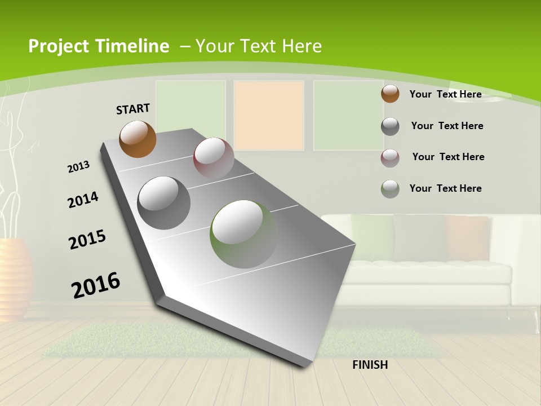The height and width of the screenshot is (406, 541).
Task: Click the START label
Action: tap(133, 109)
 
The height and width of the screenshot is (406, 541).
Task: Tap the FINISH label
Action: tap(370, 365)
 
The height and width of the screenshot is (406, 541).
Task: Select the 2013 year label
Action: tap(78, 167)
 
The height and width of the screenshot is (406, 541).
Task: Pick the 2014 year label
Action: tap(83, 200)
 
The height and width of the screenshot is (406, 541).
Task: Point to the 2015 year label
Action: tap(87, 240)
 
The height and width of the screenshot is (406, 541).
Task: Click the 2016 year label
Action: tap(96, 285)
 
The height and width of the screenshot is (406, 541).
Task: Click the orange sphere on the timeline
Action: tap(138, 139)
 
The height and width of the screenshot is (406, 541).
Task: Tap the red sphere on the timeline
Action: tap(214, 158)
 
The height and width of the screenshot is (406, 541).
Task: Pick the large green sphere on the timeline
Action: tap(243, 234)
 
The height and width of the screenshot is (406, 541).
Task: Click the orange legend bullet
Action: tap(390, 94)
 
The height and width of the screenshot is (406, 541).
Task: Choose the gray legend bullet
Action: tap(390, 126)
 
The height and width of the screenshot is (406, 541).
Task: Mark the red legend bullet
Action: tap(390, 158)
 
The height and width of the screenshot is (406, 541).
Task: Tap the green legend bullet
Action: tap(390, 189)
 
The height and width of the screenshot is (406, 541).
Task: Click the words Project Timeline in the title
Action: tap(99, 46)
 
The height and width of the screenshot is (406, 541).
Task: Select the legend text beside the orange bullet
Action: tap(445, 94)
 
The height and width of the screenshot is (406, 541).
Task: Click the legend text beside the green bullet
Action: tap(445, 188)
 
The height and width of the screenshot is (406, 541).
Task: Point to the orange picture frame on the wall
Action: tap(269, 116)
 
